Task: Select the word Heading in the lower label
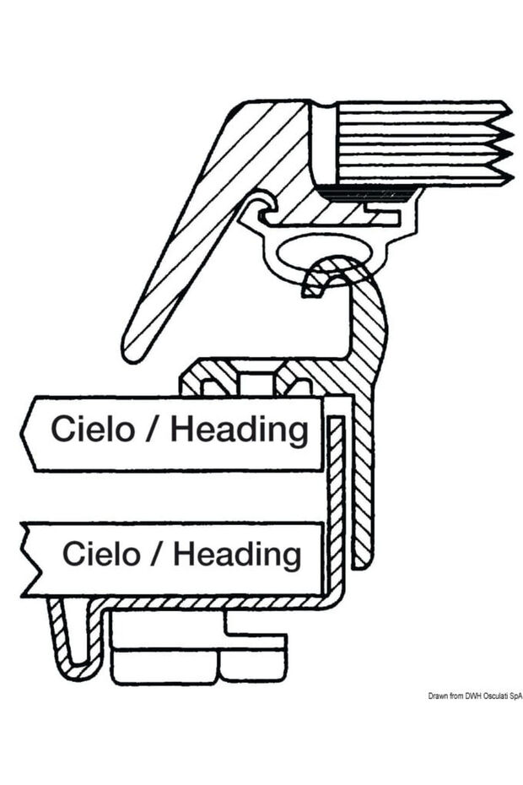(237, 555)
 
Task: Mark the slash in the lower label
(160, 555)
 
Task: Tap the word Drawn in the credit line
(437, 697)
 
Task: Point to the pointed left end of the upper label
(27, 432)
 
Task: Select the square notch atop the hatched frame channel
(257, 384)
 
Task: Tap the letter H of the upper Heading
(181, 429)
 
